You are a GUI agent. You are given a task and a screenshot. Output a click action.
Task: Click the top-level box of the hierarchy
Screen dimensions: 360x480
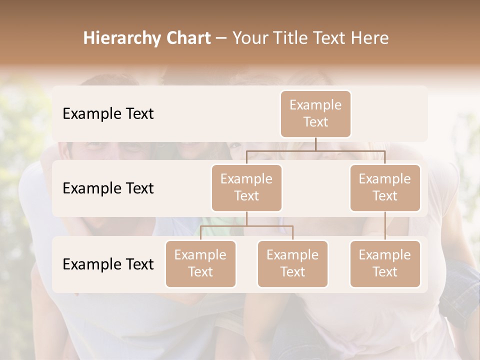click(315, 114)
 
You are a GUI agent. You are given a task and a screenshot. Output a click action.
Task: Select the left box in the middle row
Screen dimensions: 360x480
click(246, 188)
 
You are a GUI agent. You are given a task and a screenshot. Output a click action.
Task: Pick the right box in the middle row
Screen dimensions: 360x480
click(385, 188)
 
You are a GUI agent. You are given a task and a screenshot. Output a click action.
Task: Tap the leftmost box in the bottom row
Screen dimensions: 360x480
click(200, 264)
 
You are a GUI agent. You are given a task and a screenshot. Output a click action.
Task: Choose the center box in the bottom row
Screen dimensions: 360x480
click(292, 264)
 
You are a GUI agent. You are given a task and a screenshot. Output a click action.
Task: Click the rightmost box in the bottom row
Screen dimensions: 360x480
click(385, 264)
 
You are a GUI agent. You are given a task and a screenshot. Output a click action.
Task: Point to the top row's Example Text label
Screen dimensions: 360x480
click(108, 114)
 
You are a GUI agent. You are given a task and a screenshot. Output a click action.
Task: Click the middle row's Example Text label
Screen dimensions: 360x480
click(108, 188)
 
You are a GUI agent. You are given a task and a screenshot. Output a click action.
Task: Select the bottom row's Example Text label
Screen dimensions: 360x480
click(108, 264)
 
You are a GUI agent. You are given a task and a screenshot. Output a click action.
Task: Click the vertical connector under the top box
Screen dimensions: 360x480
click(315, 144)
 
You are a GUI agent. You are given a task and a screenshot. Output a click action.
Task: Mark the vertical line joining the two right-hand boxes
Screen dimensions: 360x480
click(385, 226)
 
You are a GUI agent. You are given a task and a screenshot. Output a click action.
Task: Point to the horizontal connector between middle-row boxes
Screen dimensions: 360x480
click(315, 150)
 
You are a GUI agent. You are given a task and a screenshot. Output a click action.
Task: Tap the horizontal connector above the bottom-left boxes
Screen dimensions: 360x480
click(246, 226)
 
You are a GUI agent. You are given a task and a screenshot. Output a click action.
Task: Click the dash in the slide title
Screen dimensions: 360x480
click(221, 38)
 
